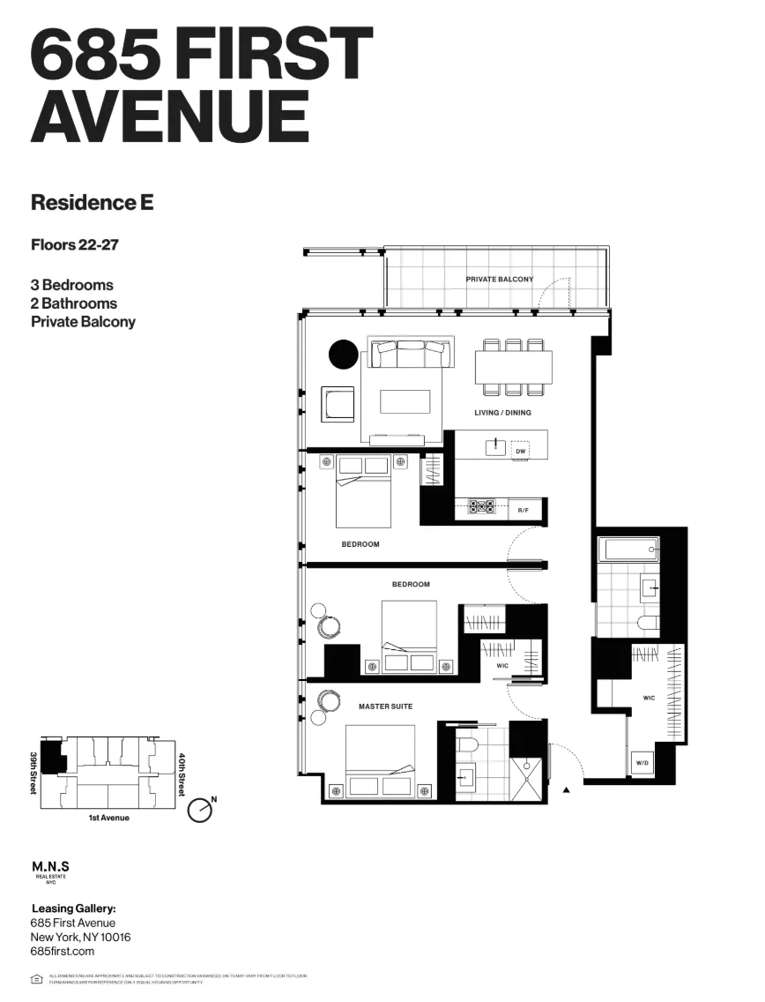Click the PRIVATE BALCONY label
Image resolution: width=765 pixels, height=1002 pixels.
499,280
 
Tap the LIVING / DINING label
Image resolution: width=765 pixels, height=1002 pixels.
502,413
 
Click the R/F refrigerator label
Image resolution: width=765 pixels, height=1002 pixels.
523,510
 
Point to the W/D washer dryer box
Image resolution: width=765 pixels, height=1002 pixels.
641,764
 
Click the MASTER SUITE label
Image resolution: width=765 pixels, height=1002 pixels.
385,707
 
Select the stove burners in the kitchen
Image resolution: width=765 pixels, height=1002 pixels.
482,507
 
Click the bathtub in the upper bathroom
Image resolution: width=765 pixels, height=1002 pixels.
628,550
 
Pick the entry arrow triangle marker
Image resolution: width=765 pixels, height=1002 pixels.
566,789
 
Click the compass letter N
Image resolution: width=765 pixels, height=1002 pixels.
213,799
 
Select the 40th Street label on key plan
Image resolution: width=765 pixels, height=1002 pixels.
182,774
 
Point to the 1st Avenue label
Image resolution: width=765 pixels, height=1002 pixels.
108,818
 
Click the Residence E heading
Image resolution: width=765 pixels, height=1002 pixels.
92,202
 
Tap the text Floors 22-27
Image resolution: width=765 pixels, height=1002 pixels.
74,244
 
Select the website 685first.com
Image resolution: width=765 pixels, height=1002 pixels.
62,952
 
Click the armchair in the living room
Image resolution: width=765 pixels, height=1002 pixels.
338,404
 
